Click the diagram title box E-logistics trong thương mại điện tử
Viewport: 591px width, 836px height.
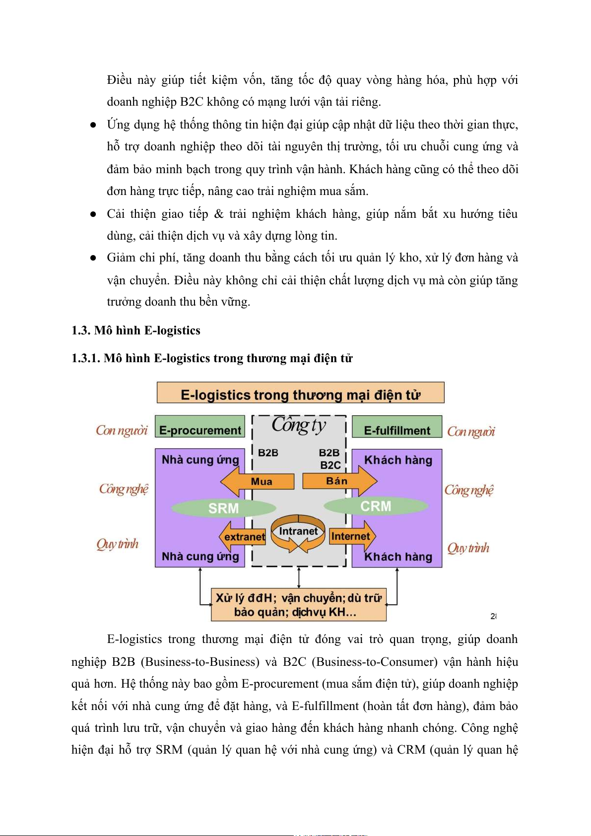pos(300,393)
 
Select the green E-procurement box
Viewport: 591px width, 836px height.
pos(200,427)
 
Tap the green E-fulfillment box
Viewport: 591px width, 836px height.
pos(397,427)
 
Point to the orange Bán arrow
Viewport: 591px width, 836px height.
pos(340,481)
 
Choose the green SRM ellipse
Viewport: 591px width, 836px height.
pos(223,508)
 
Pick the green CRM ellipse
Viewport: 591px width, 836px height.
pos(376,506)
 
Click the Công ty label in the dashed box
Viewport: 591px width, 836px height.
pos(299,425)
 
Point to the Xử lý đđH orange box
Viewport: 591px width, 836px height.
pos(299,605)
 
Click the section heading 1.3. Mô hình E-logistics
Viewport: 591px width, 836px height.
pos(136,330)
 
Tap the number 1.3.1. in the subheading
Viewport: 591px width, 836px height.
pos(86,358)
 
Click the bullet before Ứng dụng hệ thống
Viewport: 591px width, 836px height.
pos(93,126)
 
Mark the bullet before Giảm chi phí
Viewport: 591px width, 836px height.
pos(93,258)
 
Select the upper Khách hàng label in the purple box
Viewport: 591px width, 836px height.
pos(398,460)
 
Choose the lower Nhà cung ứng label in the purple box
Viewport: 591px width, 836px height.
pos(200,557)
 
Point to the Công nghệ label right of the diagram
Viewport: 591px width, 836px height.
pos(469,490)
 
